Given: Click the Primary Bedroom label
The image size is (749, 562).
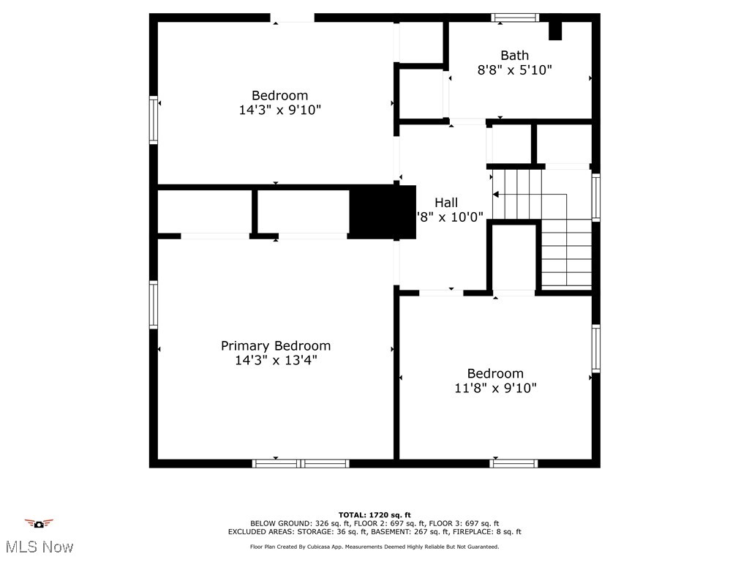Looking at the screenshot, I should [x=276, y=345].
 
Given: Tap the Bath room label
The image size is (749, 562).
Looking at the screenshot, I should [x=514, y=56].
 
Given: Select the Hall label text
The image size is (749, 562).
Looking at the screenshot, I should [x=446, y=203].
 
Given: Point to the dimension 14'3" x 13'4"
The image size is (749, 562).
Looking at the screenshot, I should [x=276, y=360].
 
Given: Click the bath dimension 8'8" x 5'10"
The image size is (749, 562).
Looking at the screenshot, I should [x=514, y=70].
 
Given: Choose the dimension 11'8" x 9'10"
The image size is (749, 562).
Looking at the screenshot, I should [x=495, y=388].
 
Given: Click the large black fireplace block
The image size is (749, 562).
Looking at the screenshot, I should [x=383, y=211].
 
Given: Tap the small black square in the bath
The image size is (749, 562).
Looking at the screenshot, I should [x=555, y=31].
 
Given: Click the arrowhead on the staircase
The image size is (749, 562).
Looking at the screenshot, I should [x=496, y=195].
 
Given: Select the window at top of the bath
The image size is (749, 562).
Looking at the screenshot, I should [x=514, y=18].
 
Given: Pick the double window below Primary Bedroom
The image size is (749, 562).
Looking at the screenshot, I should [x=301, y=463].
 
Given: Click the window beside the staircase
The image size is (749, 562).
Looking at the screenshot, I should [x=595, y=198].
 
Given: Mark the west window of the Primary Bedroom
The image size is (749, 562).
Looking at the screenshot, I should [x=154, y=305].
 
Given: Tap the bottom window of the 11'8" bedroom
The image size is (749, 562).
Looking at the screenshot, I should [x=513, y=463].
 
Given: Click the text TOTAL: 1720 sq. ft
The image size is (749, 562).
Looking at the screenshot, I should [x=374, y=515].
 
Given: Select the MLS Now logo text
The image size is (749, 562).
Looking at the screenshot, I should [x=39, y=547].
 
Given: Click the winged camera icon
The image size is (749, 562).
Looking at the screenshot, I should [x=39, y=523].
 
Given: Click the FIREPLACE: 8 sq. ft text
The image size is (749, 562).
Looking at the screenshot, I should [x=489, y=532].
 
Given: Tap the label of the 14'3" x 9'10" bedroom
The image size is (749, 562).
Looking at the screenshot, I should [x=279, y=95].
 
